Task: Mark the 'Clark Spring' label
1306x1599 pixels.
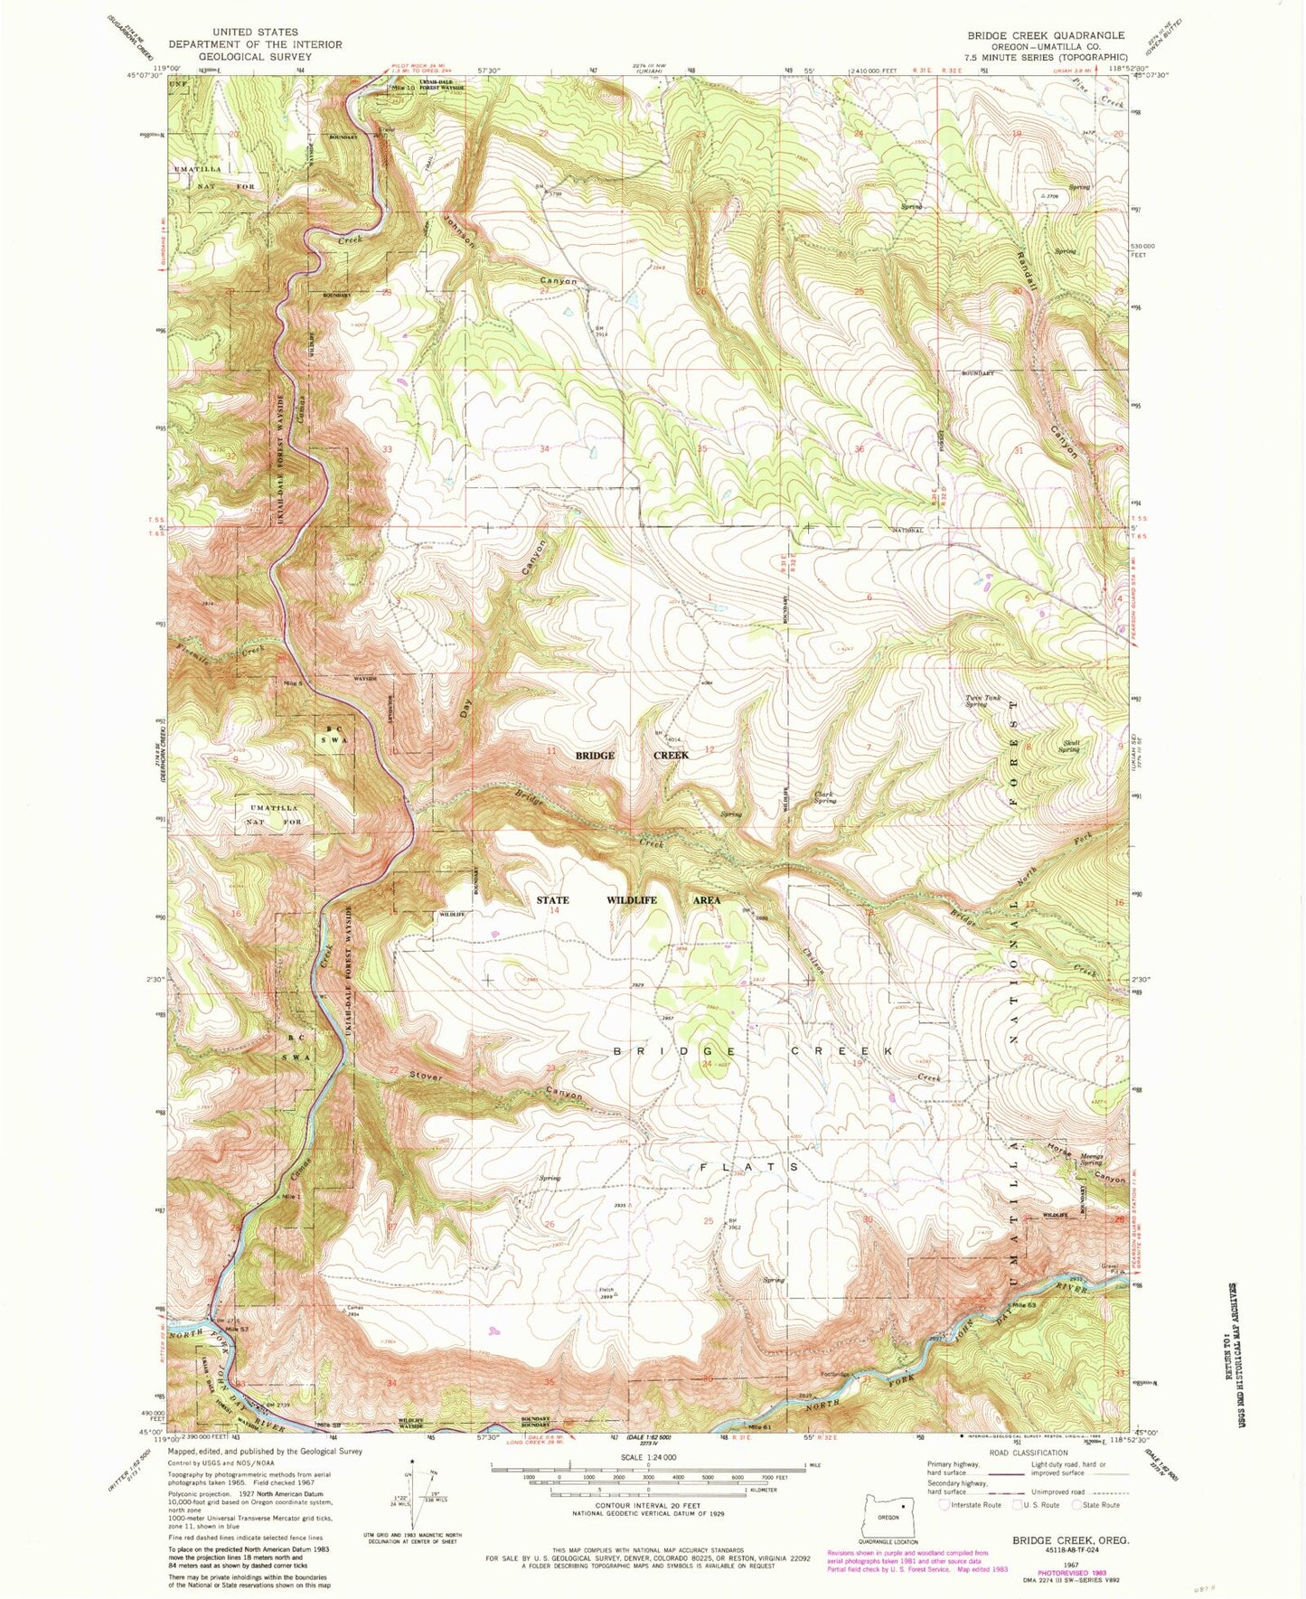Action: click(x=824, y=797)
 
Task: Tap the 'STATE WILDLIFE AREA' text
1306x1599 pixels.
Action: click(x=628, y=900)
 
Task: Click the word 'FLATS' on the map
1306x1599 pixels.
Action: click(x=749, y=1167)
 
